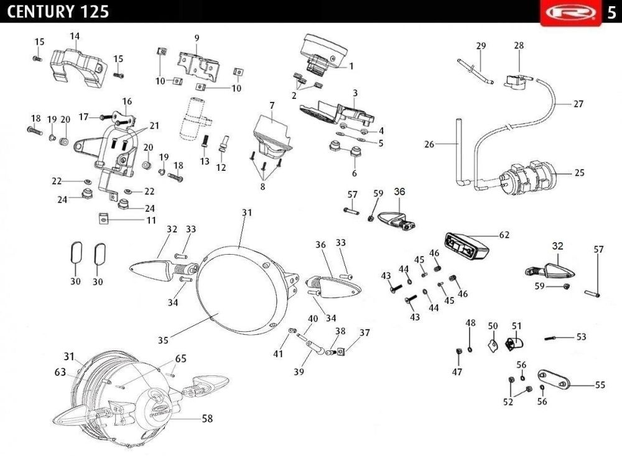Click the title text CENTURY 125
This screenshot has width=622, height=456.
[58, 11]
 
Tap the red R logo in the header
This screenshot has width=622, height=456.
[571, 12]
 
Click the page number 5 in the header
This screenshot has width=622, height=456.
[611, 12]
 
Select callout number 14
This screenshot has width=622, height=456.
[75, 36]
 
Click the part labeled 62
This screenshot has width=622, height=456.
[466, 246]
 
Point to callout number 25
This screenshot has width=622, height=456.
[579, 173]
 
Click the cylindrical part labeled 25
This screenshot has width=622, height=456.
[527, 178]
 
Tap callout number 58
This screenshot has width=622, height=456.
[207, 418]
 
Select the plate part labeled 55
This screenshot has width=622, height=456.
[554, 380]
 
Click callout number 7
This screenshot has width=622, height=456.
[272, 106]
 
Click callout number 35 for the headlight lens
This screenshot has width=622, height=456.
[163, 340]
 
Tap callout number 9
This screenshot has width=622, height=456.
[197, 38]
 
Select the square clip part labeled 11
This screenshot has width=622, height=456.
[103, 218]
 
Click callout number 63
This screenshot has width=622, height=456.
[60, 372]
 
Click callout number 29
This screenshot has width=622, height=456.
[481, 45]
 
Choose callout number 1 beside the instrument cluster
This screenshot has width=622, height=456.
[351, 66]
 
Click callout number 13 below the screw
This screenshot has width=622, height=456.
[204, 162]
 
